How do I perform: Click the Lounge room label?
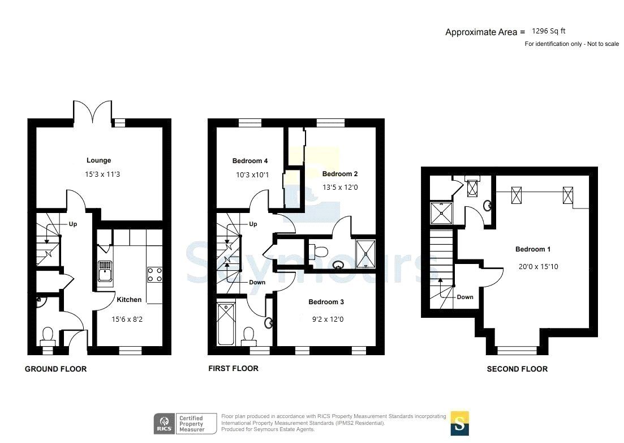coord(99,160)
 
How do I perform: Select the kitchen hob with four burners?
coord(154,275)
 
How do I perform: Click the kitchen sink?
coord(105,271)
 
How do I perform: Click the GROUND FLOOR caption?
coord(55,369)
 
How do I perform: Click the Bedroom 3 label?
coord(326,302)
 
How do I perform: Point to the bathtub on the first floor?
coord(226,324)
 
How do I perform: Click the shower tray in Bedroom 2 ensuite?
coord(365,253)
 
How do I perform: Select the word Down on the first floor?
coord(257,282)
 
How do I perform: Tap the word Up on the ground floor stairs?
coord(72,224)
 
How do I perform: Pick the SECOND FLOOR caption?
coord(517,369)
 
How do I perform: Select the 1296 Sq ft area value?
coord(548,32)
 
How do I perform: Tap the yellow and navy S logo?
coord(459,423)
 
